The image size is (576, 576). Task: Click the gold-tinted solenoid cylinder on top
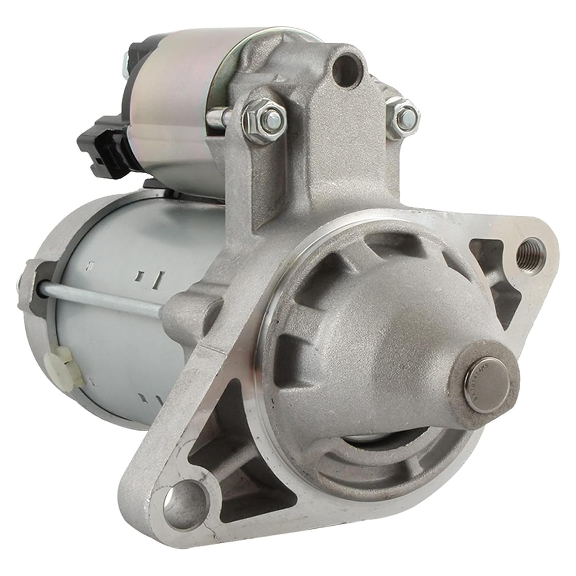coord(175,109)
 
